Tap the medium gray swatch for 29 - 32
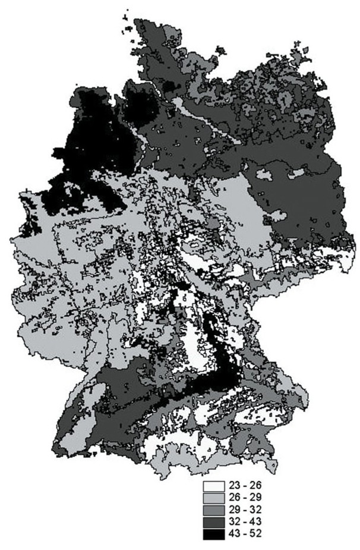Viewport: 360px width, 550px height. (x=212, y=510)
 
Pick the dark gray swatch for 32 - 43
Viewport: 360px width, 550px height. (x=212, y=522)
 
